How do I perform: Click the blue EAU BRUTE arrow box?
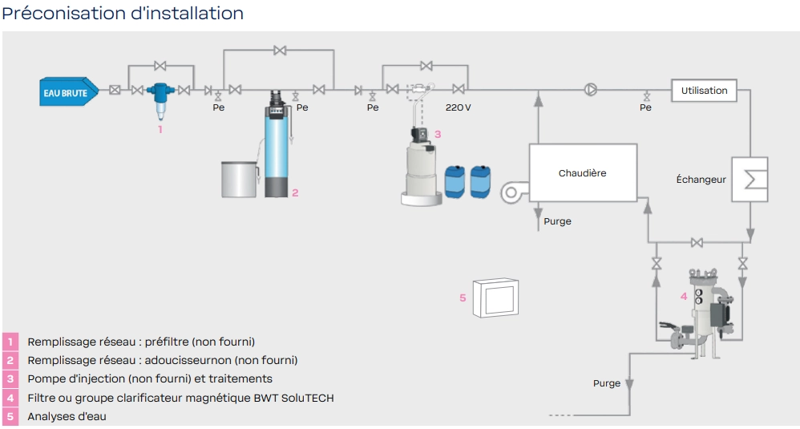point(69,91)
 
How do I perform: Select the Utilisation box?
point(704,91)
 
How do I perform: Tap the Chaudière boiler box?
point(583,172)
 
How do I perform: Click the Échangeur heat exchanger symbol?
point(749,179)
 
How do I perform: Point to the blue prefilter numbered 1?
point(160,100)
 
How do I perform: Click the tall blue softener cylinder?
point(276,144)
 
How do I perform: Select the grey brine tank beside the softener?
point(239,179)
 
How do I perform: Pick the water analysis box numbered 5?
point(495,298)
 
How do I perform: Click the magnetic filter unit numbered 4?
point(701,312)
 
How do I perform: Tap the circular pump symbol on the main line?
point(590,90)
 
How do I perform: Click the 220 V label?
point(459,107)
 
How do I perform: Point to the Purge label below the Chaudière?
point(557,221)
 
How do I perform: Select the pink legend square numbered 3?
point(10,379)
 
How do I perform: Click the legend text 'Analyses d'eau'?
point(67,416)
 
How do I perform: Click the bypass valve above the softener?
point(280,51)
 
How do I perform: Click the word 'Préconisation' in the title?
point(64,14)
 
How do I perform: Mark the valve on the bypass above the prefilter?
point(160,66)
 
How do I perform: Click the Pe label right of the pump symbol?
point(645,107)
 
